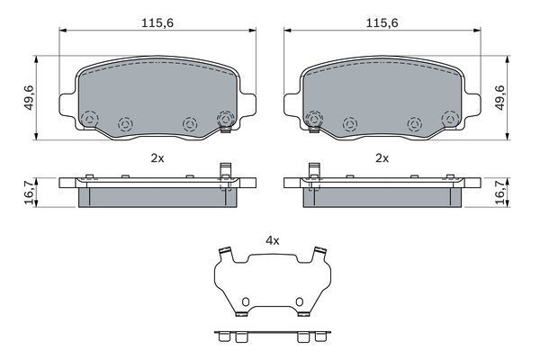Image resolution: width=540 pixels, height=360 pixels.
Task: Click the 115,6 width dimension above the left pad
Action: (157, 22)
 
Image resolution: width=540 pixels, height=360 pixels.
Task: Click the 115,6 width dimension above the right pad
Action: (382, 22)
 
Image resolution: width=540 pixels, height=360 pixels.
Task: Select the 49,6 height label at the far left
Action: (29, 97)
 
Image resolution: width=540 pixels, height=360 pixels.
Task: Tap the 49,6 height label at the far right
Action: (499, 97)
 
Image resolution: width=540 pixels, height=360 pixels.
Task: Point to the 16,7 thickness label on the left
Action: (30, 193)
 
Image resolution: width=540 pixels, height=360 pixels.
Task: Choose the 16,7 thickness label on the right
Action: (499, 193)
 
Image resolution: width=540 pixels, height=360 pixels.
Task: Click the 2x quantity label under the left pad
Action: (157, 158)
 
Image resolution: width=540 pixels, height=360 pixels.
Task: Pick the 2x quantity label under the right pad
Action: (382, 158)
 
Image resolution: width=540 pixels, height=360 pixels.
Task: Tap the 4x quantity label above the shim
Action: (272, 240)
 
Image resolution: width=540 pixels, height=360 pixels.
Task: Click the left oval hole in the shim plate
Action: (245, 301)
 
